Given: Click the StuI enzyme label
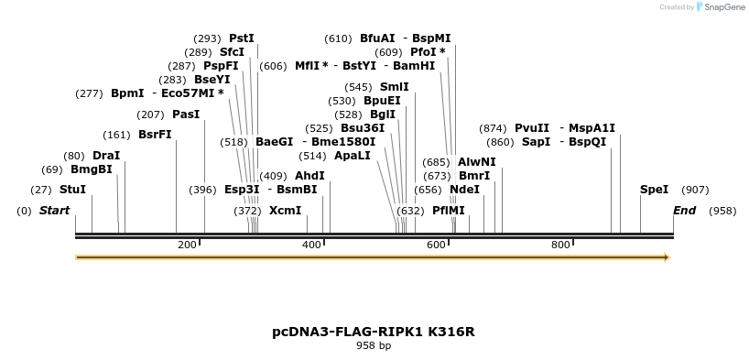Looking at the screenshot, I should tap(72, 190).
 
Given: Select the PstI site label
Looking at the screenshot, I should tap(242, 38).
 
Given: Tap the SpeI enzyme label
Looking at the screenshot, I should tap(654, 190).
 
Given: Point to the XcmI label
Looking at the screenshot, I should tap(285, 211).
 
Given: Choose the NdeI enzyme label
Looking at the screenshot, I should tap(464, 190).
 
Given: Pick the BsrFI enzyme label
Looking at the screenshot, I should tap(155, 135).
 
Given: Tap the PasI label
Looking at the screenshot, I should tap(186, 115).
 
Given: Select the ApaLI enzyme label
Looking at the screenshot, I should tap(353, 156).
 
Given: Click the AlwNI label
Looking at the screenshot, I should tap(476, 162).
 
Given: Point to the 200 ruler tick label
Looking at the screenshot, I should tap(187, 245).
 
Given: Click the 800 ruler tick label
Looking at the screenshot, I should tap(560, 245).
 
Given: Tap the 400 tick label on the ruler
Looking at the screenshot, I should tap(311, 245).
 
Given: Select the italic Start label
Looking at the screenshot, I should tap(54, 211).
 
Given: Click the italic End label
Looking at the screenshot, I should tap(684, 211).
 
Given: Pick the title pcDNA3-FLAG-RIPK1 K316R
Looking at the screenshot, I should tap(374, 332).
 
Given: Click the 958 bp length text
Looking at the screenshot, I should tap(374, 346).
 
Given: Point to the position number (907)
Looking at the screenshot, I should tap(696, 190).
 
